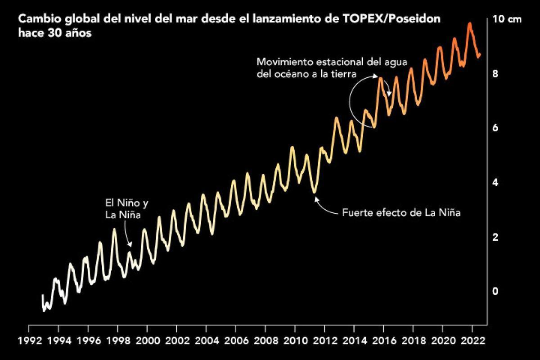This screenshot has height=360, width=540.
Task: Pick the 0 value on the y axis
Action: [495, 291]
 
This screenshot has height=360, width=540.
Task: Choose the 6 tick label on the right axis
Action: [495, 128]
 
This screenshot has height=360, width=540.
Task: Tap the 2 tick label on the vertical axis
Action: [495, 237]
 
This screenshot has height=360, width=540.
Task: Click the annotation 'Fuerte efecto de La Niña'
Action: [401, 213]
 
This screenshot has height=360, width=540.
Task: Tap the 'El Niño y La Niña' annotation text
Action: [124, 209]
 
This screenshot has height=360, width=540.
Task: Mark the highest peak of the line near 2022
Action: [470, 23]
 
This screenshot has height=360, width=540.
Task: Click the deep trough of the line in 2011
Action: [315, 193]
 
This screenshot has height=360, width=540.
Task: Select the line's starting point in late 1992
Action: [42, 296]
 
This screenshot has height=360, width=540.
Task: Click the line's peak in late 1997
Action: [114, 229]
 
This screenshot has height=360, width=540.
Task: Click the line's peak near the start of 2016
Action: [381, 78]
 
